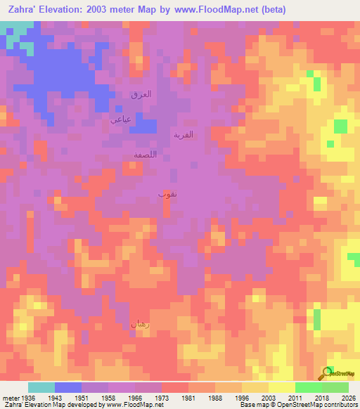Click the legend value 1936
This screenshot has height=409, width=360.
(x=27, y=398)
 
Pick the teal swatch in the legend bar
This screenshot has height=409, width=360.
(x=41, y=387)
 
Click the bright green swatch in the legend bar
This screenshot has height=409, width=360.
(x=308, y=387)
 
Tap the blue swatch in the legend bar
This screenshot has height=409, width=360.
(x=68, y=387)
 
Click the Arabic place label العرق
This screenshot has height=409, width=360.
(x=141, y=93)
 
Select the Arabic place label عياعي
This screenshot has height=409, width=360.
(x=120, y=119)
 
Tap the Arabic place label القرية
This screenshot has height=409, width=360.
(x=184, y=134)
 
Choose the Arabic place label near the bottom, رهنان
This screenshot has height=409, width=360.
(x=139, y=324)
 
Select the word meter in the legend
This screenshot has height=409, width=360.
(x=10, y=398)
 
